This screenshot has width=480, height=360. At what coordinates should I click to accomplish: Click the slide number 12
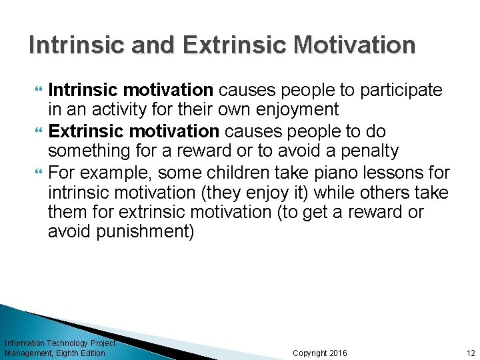point(471,353)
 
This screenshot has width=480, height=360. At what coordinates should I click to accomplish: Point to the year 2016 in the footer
point(338,353)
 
